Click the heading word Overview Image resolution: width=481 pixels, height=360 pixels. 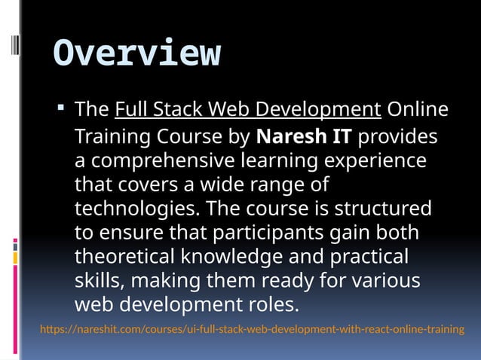tap(136, 53)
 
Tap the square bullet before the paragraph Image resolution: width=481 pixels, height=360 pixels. tap(62, 110)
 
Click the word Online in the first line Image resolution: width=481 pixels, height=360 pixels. tap(417, 110)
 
